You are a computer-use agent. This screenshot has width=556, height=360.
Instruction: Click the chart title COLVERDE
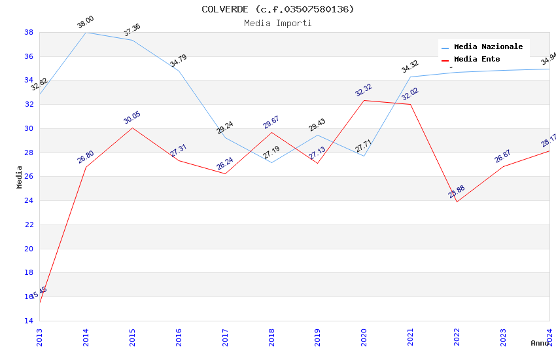click(277, 9)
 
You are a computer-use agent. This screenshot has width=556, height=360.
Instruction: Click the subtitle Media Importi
click(277, 23)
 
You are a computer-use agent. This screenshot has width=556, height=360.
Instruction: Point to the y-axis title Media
click(20, 177)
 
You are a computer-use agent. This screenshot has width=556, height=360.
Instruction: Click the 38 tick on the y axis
click(29, 32)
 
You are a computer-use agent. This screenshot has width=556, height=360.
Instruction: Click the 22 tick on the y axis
click(29, 225)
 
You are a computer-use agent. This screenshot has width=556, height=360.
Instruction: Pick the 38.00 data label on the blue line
click(86, 23)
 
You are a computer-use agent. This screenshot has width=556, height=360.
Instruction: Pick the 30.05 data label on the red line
click(132, 118)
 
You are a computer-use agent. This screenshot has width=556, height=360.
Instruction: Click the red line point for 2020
click(364, 100)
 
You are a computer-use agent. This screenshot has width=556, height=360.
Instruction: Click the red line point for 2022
click(457, 202)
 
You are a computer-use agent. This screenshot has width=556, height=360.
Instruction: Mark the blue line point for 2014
click(86, 32)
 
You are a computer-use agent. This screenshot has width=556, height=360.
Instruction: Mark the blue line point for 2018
click(271, 162)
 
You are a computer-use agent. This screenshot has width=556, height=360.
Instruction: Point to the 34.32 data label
click(410, 67)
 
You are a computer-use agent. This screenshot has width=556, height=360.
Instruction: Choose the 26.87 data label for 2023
click(503, 156)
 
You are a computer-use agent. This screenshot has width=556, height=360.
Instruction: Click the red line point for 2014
click(86, 167)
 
